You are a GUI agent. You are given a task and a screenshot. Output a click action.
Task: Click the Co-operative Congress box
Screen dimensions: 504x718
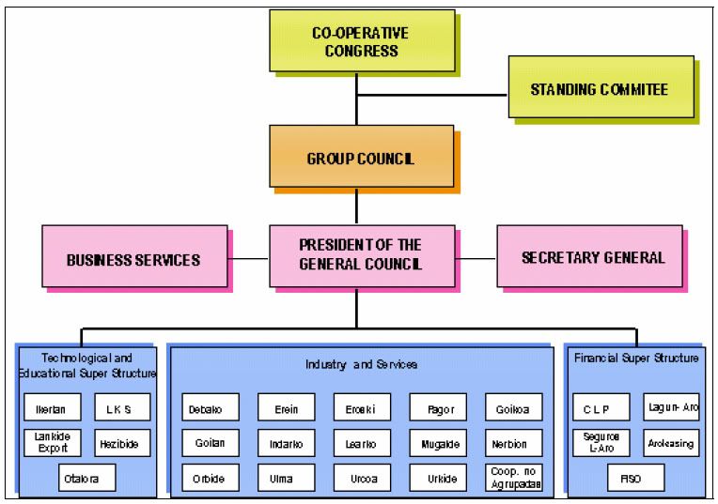point(360,40)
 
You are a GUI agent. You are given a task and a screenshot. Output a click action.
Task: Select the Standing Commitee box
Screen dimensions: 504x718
point(601,89)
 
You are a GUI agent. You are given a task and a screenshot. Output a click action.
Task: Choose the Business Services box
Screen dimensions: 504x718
point(133,258)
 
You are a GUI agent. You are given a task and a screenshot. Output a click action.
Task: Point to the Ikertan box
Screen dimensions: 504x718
point(51,408)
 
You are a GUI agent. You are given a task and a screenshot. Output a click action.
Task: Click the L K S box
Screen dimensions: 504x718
point(122,408)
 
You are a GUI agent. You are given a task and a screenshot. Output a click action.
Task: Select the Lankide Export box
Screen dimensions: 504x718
point(51,442)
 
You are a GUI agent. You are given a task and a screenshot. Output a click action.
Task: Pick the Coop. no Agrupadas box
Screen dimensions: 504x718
point(513,476)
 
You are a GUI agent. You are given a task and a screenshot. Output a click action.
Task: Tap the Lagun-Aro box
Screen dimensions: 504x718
point(672,406)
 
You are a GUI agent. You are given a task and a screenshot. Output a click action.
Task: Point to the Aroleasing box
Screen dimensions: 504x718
point(672,442)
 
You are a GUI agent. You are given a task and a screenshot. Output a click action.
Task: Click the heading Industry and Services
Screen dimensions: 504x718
point(360,362)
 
